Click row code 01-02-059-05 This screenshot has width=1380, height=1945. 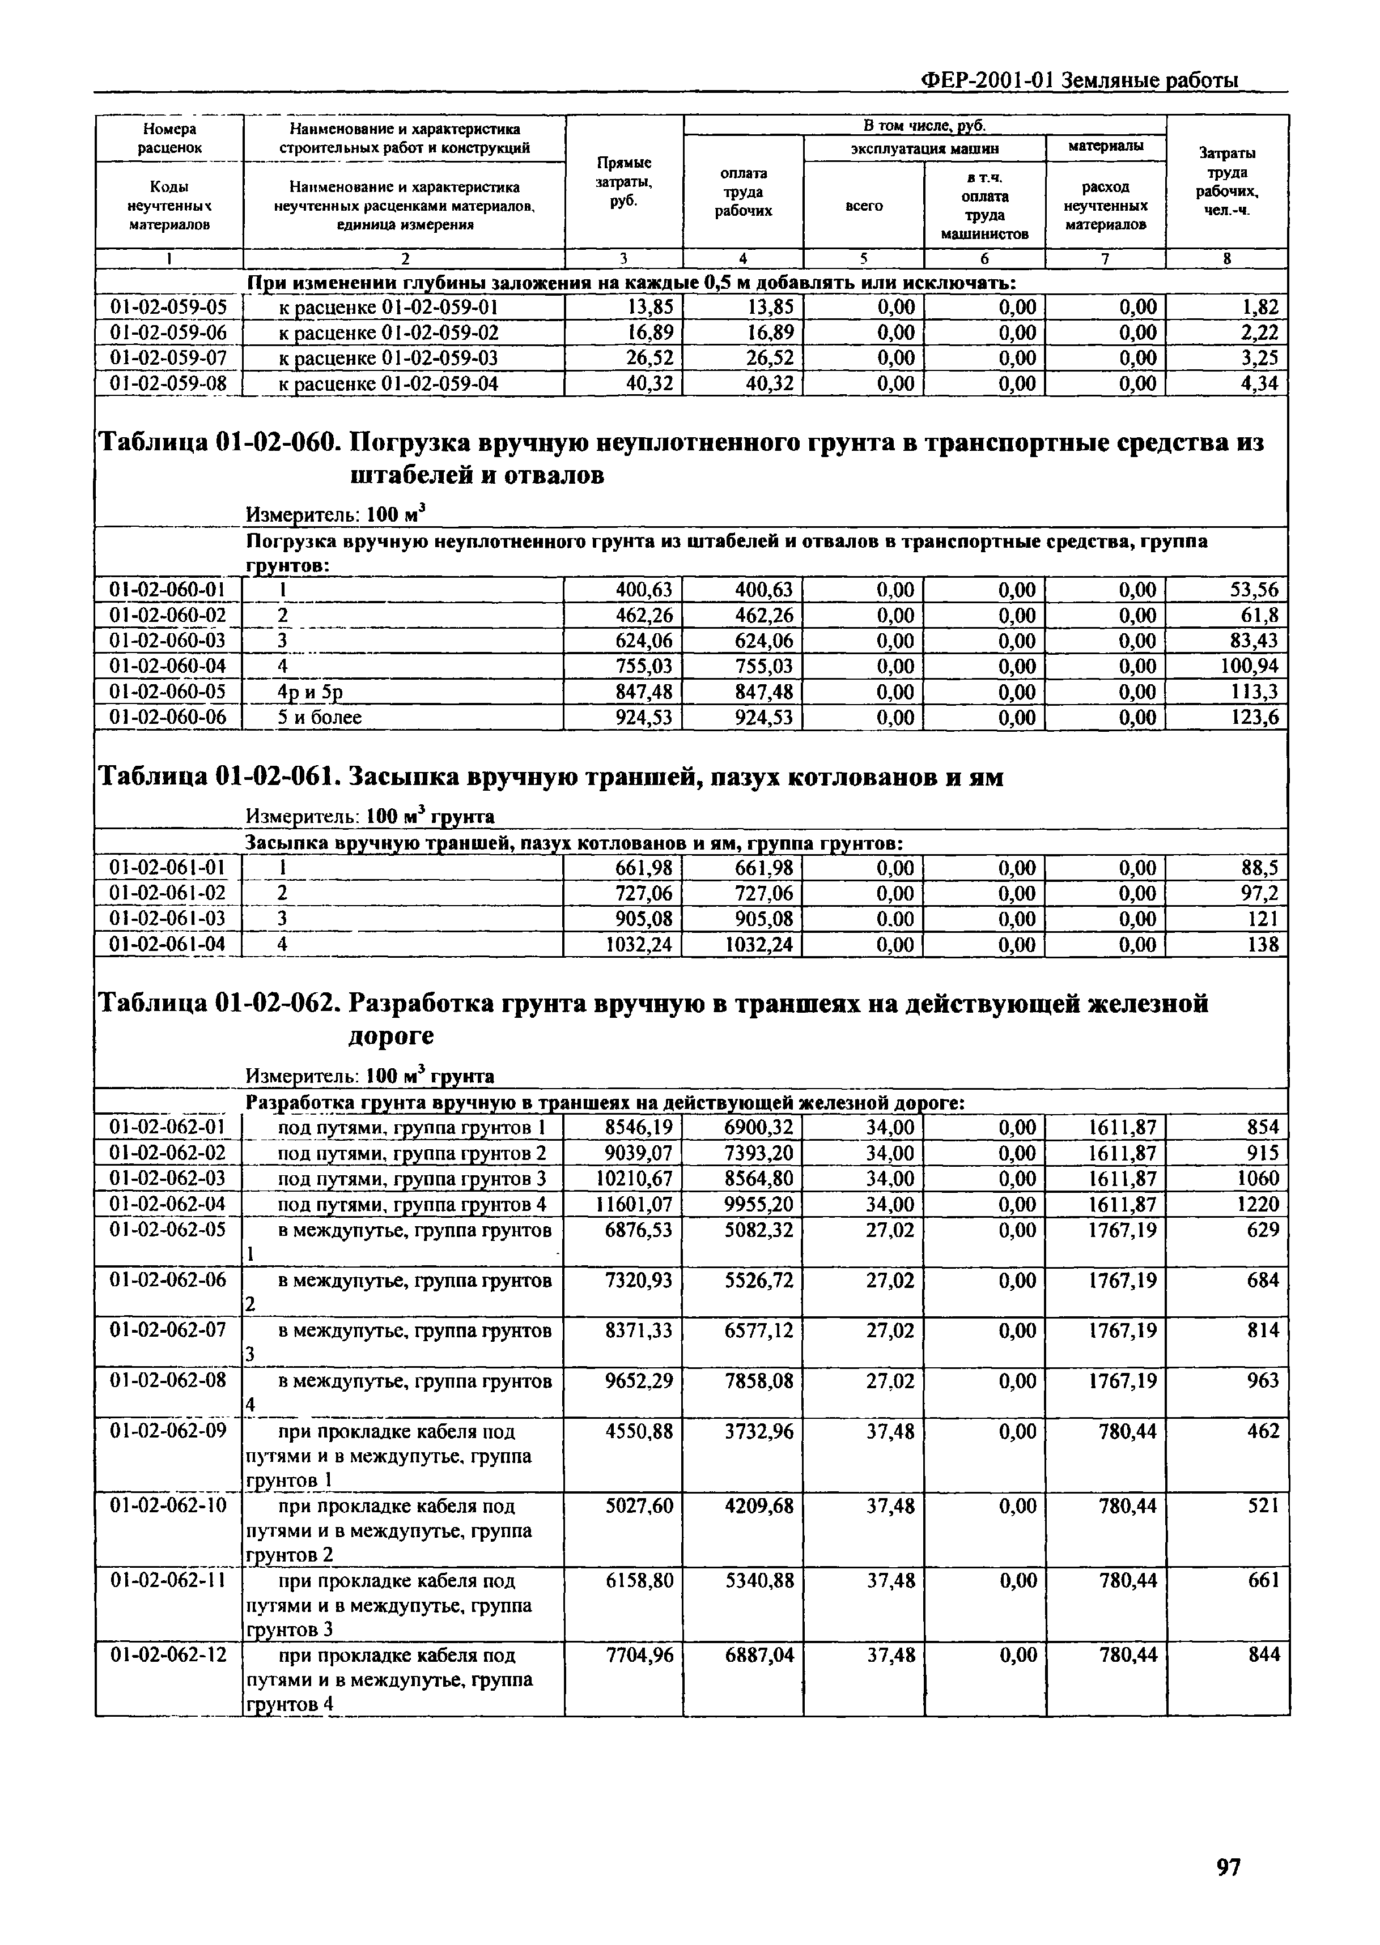point(168,308)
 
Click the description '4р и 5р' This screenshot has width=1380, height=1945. point(310,692)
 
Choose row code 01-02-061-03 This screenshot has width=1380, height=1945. point(168,919)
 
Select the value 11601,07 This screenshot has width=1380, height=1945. point(635,1204)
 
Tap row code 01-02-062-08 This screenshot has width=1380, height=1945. point(168,1381)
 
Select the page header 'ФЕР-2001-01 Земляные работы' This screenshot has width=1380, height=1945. point(1079,80)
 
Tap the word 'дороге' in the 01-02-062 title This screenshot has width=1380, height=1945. point(392,1036)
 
